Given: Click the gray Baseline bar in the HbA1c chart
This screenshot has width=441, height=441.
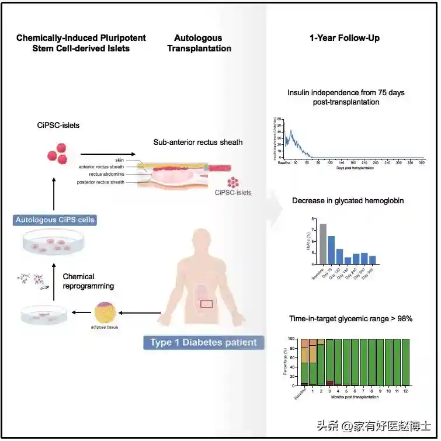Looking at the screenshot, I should point(323,244).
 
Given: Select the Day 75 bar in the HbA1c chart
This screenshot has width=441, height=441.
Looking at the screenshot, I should point(331,249).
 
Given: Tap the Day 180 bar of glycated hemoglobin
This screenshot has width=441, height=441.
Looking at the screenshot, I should point(348,261).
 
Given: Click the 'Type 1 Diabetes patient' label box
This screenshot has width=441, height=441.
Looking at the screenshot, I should point(203,342).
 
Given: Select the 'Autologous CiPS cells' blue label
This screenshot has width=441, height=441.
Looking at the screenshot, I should point(55,220).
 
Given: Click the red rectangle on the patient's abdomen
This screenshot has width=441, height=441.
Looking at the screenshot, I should point(207,303).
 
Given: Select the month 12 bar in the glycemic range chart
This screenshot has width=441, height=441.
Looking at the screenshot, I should point(405,362).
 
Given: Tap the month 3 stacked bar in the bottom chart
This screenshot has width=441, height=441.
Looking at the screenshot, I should point(329,362).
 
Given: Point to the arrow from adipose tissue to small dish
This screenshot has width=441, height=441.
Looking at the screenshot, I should point(81,312).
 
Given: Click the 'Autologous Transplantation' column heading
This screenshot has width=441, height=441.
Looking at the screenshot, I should point(199,43).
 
